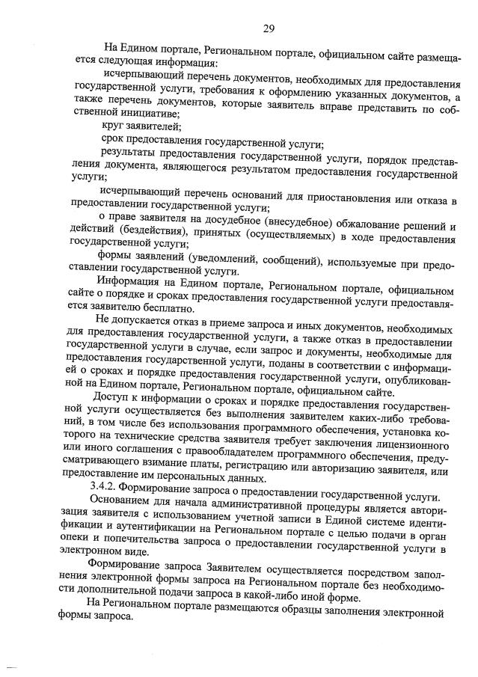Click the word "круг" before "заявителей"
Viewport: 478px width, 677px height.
coord(112,127)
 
